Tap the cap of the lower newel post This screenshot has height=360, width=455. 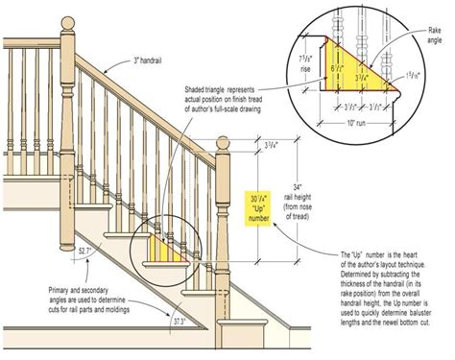tap(224, 143)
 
